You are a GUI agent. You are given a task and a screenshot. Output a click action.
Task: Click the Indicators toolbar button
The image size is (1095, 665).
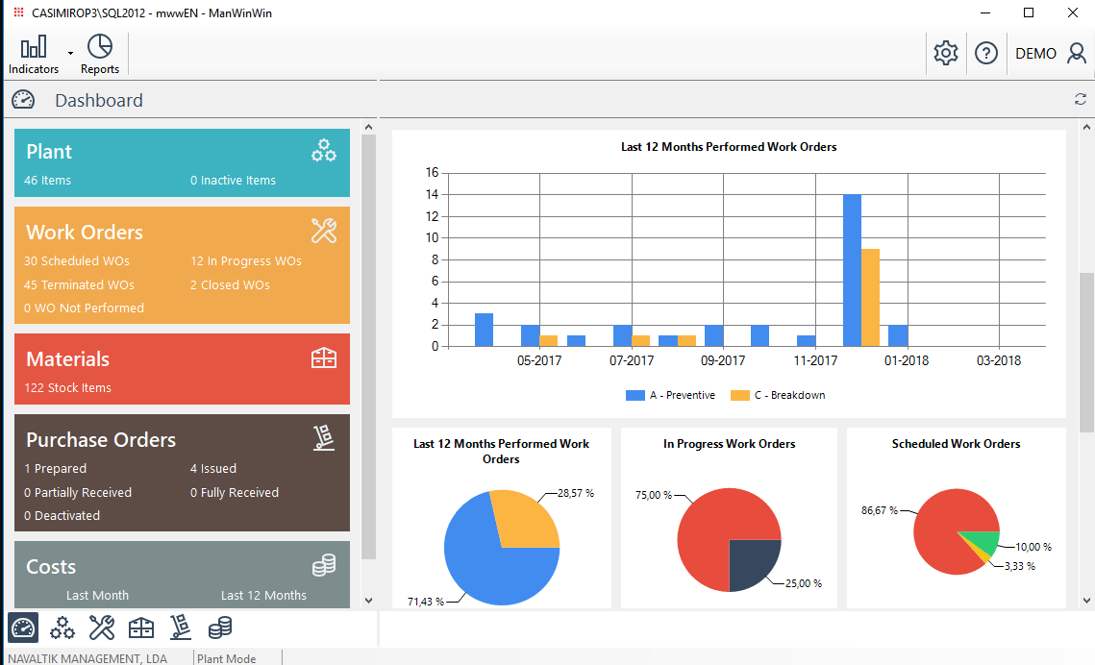(x=34, y=54)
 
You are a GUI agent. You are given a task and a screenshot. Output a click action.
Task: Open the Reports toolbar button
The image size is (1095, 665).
(x=100, y=54)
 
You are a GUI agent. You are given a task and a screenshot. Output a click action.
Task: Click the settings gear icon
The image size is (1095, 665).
(x=946, y=54)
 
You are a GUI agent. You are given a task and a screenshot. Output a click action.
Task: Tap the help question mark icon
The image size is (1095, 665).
(x=986, y=54)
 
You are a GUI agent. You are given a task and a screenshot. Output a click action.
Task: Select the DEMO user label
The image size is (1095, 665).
(x=1035, y=54)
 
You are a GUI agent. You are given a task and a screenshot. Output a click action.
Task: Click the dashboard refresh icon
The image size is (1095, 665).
(x=1081, y=99)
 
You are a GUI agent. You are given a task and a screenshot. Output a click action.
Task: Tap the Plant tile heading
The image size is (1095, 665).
(x=49, y=152)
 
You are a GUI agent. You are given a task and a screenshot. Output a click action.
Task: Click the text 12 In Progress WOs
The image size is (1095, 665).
(x=246, y=261)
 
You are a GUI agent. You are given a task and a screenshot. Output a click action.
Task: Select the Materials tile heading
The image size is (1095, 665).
(x=67, y=359)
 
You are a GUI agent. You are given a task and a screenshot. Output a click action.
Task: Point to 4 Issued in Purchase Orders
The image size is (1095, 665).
(x=213, y=469)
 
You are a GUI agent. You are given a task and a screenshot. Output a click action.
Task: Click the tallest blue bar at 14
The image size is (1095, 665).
(x=852, y=270)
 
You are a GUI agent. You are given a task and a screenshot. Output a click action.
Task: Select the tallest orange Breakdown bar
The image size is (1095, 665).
(x=870, y=297)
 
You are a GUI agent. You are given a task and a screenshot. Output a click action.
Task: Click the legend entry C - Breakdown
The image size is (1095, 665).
(x=778, y=395)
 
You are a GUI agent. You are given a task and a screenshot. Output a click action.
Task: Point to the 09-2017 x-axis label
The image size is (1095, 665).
(x=723, y=361)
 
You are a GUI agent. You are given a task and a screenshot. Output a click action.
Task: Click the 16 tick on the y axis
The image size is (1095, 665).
(x=432, y=173)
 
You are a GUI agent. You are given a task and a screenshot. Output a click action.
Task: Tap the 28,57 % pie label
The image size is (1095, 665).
(x=576, y=493)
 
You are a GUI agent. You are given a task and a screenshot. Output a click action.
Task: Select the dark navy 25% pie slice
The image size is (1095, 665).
(x=752, y=561)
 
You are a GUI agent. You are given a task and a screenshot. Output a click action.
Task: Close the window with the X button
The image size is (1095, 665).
(x=1073, y=13)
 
